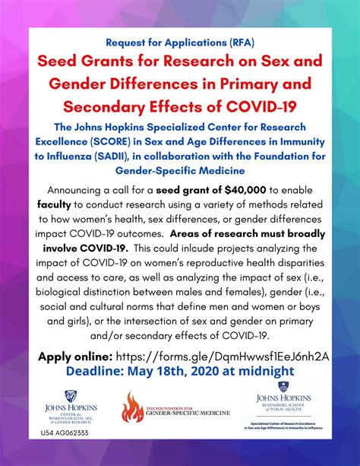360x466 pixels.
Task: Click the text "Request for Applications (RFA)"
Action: point(180,43)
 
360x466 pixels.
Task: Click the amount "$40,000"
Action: point(245,189)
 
